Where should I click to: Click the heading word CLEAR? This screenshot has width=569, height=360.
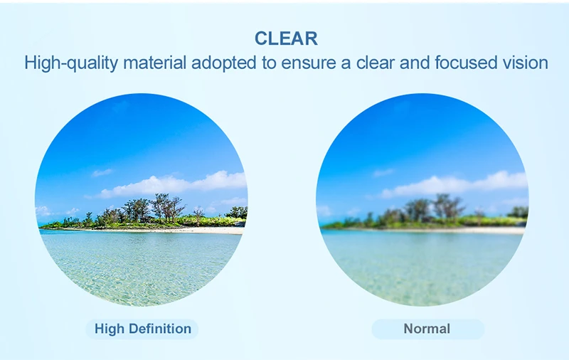(286, 38)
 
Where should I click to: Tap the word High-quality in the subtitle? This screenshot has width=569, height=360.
(71, 63)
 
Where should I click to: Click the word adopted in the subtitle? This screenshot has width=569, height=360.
(223, 63)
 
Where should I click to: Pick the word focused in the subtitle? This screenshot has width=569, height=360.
(466, 63)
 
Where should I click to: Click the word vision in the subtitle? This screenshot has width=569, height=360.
(525, 63)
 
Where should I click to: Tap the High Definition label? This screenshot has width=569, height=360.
(143, 329)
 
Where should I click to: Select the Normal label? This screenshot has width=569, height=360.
(427, 329)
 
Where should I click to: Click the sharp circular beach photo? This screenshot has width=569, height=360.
(142, 200)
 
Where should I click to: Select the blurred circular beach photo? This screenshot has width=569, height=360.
(422, 200)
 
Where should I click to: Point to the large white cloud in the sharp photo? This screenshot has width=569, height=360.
(171, 184)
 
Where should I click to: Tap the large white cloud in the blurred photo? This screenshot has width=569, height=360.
(454, 184)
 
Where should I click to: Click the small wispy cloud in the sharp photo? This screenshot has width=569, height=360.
(102, 172)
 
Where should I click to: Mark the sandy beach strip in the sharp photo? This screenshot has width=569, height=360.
(152, 230)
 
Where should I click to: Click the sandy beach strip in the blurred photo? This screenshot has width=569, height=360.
(435, 230)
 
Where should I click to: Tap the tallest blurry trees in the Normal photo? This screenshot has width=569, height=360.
(449, 207)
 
